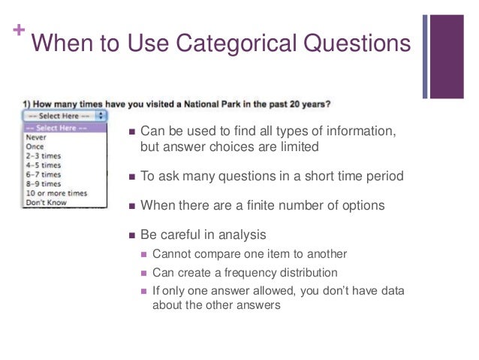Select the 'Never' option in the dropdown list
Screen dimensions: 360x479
(x=35, y=138)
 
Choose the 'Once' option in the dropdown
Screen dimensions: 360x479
(x=35, y=147)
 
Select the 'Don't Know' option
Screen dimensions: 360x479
(x=46, y=202)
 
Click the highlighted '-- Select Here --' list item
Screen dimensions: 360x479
(x=56, y=128)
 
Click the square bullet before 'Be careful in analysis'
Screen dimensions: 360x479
(x=132, y=234)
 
